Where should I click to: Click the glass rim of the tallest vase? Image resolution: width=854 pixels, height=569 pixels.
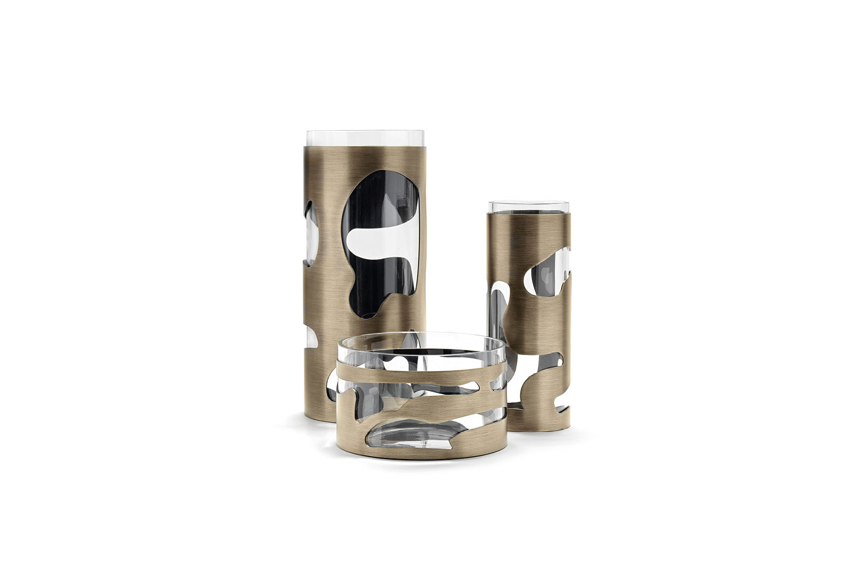coord(365,138)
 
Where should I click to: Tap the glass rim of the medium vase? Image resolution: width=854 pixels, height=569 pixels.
coord(529,206)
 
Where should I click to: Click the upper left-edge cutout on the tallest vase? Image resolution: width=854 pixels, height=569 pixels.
coord(311,235)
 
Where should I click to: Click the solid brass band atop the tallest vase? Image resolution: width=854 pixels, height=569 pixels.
coord(365,157)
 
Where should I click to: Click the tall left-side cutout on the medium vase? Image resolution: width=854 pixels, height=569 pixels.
coord(497,315)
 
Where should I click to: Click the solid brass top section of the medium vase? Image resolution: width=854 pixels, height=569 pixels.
coord(529,229)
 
